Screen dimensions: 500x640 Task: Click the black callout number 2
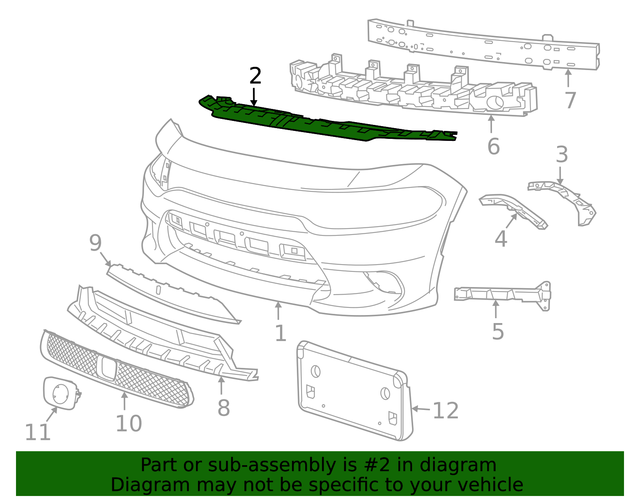click(255, 76)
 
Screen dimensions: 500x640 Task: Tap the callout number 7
click(570, 100)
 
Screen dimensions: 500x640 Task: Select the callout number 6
click(493, 147)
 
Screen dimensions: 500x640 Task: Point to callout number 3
click(562, 155)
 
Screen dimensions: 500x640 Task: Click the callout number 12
click(446, 411)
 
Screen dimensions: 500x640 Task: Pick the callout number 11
click(38, 432)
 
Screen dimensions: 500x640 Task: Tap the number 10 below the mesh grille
click(128, 424)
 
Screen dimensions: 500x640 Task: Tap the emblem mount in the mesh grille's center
click(106, 368)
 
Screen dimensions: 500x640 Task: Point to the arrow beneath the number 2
click(254, 97)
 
